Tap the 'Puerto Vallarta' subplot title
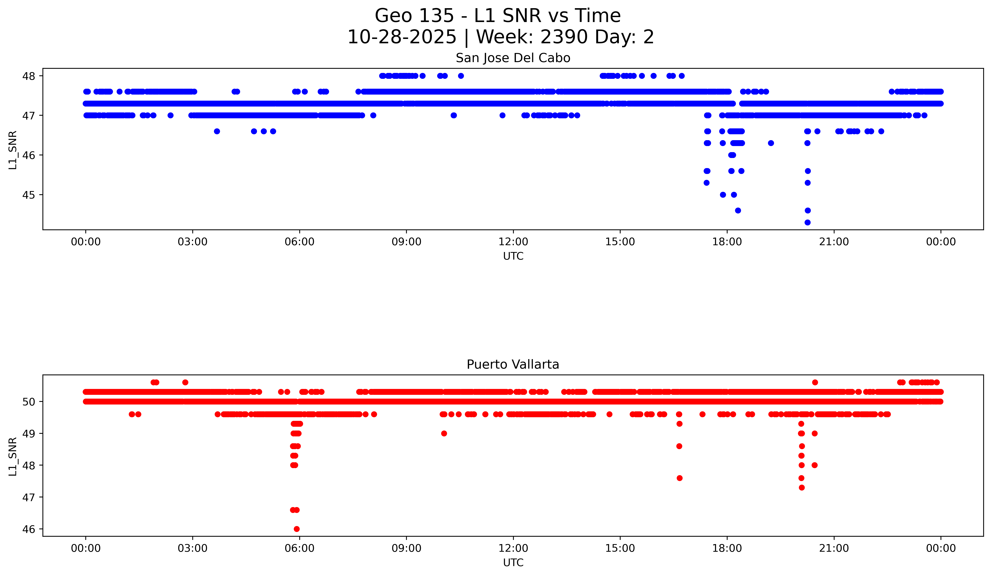click(x=513, y=365)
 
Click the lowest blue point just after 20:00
click(x=807, y=222)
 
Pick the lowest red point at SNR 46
click(x=296, y=529)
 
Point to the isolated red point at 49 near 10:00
click(x=444, y=434)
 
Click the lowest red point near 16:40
click(x=680, y=478)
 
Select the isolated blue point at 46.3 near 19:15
click(x=771, y=143)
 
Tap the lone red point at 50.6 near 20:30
click(x=815, y=382)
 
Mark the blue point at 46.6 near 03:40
click(x=217, y=131)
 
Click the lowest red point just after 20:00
click(x=802, y=488)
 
